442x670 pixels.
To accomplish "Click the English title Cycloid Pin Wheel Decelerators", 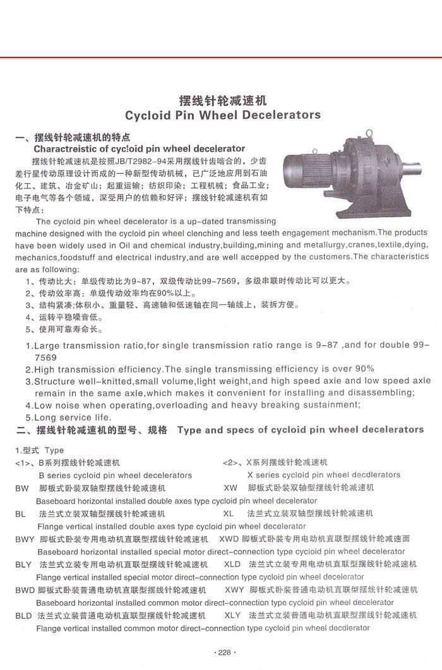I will point(223,115).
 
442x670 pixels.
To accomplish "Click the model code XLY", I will point(232,615).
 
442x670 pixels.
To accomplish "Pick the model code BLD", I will point(23,615).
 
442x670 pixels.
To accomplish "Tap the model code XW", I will point(230,488).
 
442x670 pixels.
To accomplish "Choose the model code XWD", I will point(229,539).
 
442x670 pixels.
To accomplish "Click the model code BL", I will point(20,514).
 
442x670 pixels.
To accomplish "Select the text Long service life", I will point(73,417).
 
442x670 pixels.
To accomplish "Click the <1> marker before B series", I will point(22,463).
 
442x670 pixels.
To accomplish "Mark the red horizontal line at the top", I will point(221,57).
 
